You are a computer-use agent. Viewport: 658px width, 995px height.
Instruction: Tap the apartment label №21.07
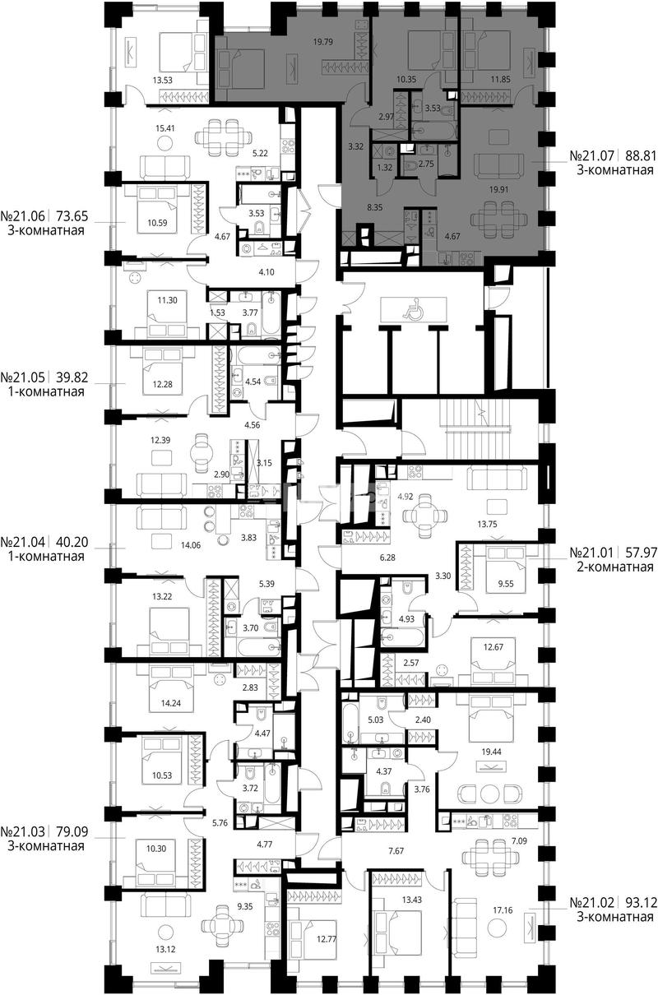click(x=592, y=155)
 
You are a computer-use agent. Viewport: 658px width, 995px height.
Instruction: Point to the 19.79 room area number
click(x=323, y=42)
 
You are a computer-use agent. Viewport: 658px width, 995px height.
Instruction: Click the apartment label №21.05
click(x=23, y=377)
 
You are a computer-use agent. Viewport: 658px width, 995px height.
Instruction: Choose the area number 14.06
click(x=191, y=545)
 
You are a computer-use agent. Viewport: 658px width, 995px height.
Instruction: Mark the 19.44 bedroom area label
click(x=491, y=752)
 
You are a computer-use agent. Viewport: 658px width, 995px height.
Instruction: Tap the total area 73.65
click(x=72, y=216)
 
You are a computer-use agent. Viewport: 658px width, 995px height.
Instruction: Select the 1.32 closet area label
click(x=384, y=168)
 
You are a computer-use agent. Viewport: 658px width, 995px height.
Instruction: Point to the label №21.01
click(x=592, y=552)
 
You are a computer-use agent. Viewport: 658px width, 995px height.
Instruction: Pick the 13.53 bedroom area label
click(x=162, y=81)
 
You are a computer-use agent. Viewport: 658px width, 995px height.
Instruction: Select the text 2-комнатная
click(x=615, y=567)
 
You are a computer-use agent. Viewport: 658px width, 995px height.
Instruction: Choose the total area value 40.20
click(x=72, y=542)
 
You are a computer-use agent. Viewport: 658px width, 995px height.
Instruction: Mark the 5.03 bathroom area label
click(x=375, y=720)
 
